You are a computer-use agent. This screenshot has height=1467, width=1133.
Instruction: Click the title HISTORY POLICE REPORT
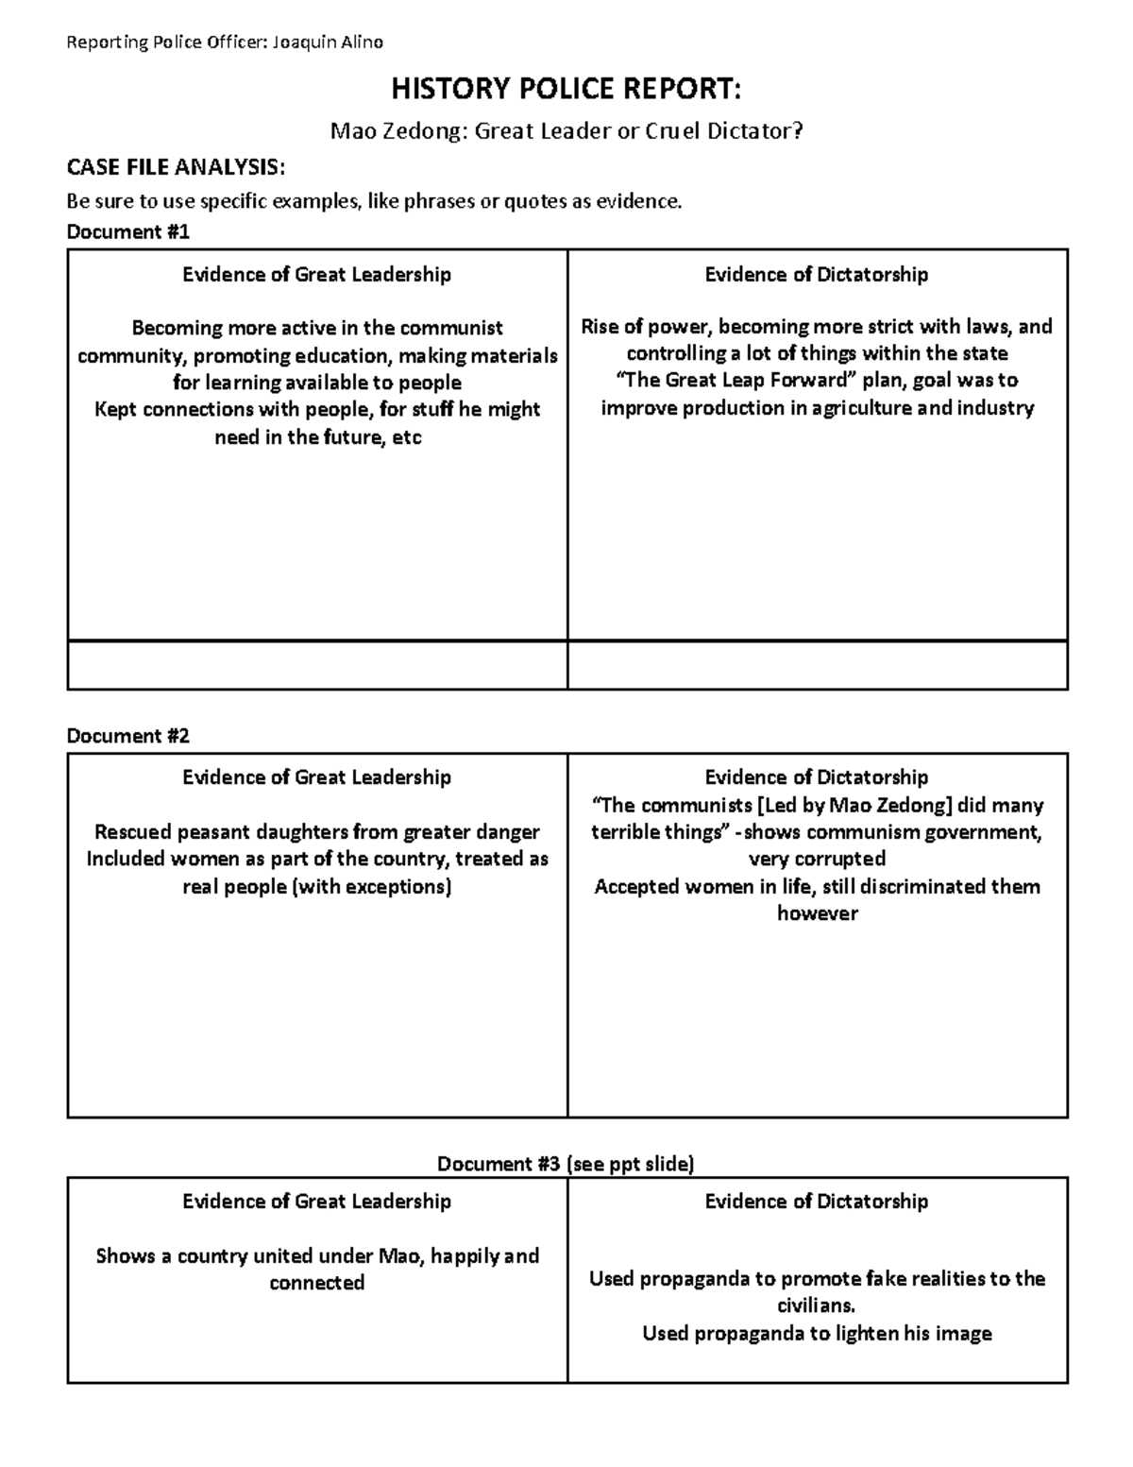[566, 90]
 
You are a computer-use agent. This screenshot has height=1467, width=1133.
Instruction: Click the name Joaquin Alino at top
[328, 42]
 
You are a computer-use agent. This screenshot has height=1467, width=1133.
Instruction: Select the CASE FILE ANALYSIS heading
[175, 167]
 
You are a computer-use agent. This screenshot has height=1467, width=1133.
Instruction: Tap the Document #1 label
[127, 231]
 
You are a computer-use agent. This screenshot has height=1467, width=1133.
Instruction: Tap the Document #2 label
[127, 735]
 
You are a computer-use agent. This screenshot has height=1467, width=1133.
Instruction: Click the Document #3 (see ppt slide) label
[566, 1163]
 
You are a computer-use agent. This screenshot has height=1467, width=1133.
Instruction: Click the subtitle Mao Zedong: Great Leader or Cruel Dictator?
[566, 130]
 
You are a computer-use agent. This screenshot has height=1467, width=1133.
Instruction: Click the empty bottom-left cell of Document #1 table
[317, 665]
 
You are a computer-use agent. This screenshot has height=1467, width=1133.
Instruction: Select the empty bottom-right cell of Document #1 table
[817, 665]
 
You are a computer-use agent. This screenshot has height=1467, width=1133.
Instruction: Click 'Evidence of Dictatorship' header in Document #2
[817, 776]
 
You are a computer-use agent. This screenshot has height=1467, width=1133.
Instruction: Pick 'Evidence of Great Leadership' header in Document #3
[316, 1201]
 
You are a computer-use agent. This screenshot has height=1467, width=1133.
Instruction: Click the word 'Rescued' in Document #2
[133, 832]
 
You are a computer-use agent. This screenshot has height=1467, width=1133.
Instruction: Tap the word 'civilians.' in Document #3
[817, 1305]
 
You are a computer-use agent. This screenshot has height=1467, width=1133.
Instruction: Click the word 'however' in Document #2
[817, 913]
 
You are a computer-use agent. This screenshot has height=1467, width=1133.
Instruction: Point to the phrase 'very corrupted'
[817, 859]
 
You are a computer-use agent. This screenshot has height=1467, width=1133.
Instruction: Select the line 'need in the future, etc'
[317, 437]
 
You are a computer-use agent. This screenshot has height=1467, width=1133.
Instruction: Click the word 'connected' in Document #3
[316, 1283]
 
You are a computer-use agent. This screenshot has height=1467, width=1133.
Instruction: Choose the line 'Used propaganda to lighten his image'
[817, 1333]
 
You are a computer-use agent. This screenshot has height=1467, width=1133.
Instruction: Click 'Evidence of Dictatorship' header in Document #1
[817, 274]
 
